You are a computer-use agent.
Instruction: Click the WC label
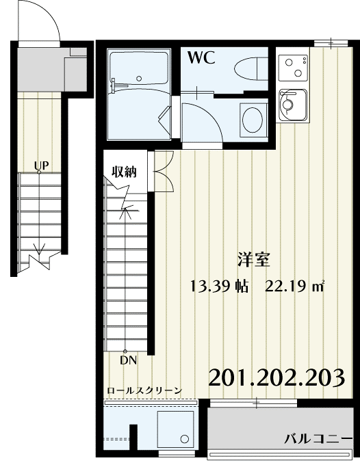(x=203, y=57)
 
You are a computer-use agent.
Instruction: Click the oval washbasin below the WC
(x=253, y=119)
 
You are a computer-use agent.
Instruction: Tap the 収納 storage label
(x=124, y=171)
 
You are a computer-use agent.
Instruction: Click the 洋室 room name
(x=253, y=260)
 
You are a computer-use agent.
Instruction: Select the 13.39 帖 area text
(x=219, y=285)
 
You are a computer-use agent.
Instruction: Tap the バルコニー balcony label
(x=317, y=438)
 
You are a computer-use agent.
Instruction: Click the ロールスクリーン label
(x=144, y=390)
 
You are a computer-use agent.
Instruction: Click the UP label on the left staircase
(x=41, y=165)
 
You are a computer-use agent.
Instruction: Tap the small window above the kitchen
(x=330, y=44)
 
